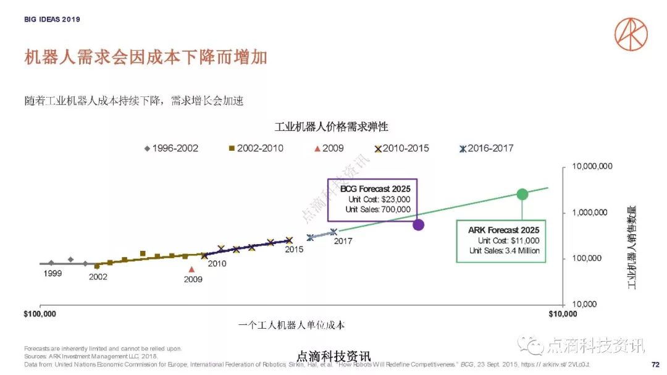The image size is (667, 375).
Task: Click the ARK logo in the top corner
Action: [631, 33]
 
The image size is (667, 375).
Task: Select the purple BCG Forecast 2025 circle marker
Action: [418, 224]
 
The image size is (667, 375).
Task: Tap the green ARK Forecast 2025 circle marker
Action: [522, 194]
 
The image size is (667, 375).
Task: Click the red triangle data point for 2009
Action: [191, 269]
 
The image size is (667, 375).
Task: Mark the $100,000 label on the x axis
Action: [40, 314]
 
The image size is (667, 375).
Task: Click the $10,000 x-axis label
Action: [563, 314]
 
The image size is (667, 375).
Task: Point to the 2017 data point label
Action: [343, 240]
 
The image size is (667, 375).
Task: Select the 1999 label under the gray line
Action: [52, 273]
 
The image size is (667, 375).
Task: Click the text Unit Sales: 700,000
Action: [378, 209]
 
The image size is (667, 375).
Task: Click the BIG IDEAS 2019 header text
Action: [52, 20]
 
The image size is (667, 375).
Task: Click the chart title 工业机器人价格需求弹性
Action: [331, 127]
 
